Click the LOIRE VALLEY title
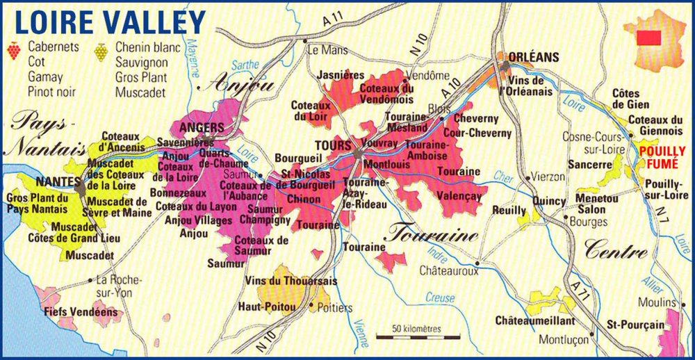point(109,21)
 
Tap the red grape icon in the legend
point(13,50)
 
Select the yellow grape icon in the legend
point(101,51)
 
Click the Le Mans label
point(327,50)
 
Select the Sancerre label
point(589,166)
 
